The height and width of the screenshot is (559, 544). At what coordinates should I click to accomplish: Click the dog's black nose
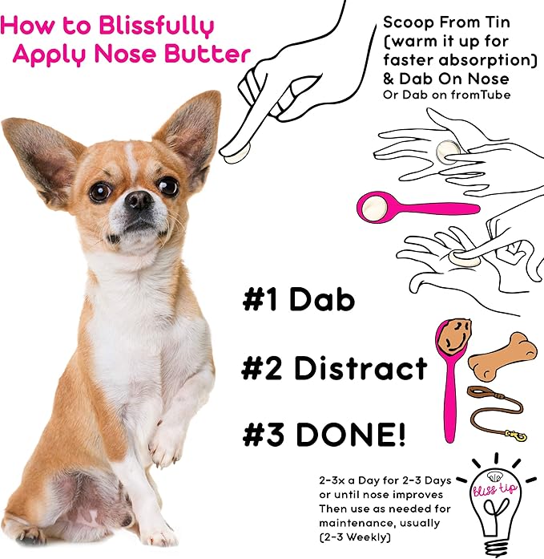click(139, 201)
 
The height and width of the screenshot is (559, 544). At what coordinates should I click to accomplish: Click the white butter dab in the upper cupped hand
click(448, 149)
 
